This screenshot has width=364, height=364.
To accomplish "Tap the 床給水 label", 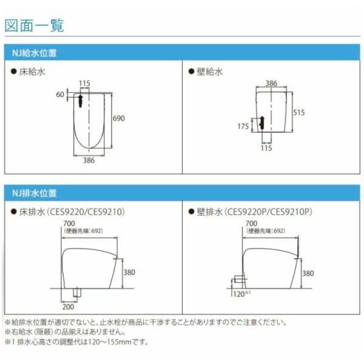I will click(33, 72).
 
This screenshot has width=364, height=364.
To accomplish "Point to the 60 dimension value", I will click(59, 95).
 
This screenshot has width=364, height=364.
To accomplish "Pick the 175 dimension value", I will click(243, 126).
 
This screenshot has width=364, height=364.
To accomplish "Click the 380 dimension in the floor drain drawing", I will click(129, 273).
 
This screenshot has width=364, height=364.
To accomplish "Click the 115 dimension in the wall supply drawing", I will click(266, 147).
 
